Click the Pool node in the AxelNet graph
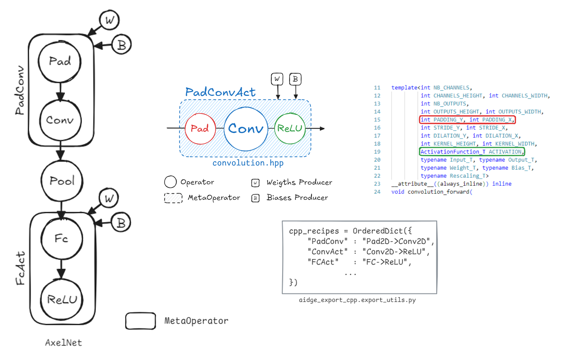tap(62, 181)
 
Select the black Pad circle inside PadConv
tap(60, 61)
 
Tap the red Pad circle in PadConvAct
tap(200, 128)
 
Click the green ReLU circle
tap(290, 128)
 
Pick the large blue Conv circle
tap(246, 129)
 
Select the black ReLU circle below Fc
tap(62, 299)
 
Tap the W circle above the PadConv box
tap(109, 20)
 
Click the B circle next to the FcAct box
tap(121, 223)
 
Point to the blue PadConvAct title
tap(221, 92)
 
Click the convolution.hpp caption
tap(248, 163)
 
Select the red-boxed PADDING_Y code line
tap(467, 120)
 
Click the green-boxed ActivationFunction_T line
tap(472, 152)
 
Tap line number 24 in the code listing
tap(377, 192)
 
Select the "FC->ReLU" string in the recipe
tap(385, 262)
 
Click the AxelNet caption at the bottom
tap(63, 342)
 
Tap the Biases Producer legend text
tap(297, 198)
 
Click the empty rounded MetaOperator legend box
tap(141, 321)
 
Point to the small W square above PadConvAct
tap(277, 79)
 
